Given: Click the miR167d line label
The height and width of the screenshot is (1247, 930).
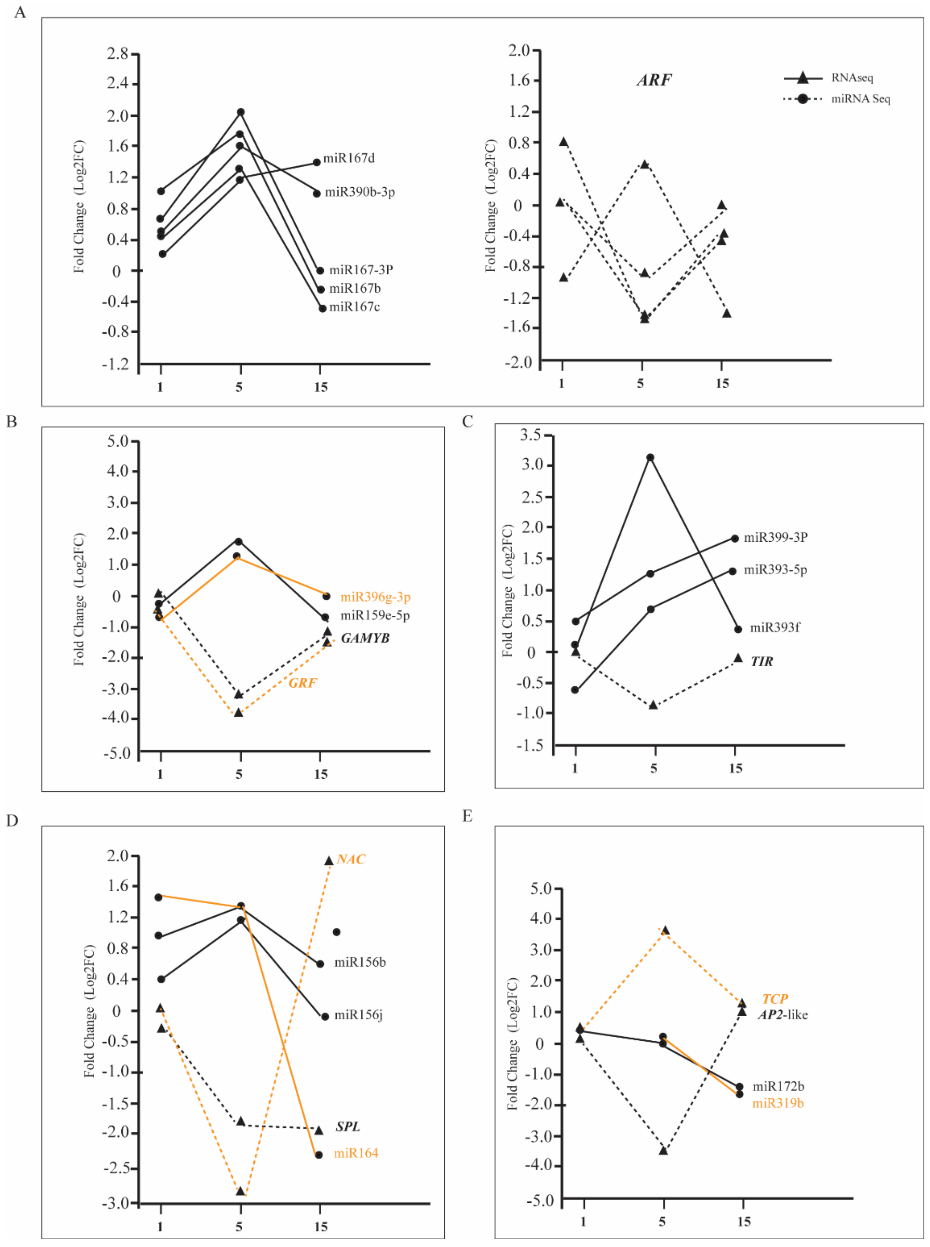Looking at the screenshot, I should [x=349, y=158].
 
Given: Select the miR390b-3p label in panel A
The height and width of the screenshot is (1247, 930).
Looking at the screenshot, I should [x=360, y=192].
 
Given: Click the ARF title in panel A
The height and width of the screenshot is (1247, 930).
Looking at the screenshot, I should [x=654, y=80].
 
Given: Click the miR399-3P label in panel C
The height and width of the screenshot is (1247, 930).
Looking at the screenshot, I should [x=775, y=538].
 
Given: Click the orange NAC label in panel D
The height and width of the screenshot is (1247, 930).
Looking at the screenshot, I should [x=351, y=859].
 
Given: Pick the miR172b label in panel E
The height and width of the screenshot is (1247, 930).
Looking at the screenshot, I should [x=778, y=1086].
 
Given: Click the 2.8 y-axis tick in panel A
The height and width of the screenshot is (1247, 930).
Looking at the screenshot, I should [x=117, y=54].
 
